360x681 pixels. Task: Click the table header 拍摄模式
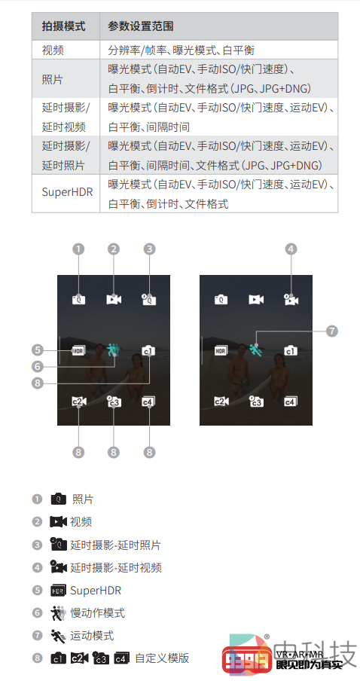pos(63,26)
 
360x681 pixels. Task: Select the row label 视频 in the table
pos(53,50)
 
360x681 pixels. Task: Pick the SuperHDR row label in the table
pos(67,192)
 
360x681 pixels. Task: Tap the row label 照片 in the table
pos(53,80)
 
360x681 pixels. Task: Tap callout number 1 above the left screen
pos(78,249)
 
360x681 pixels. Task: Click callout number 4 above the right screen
pos(291,249)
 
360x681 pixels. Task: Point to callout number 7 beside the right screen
pos(332,331)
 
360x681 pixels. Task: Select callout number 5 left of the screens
pos(38,350)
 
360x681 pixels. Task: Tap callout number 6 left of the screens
pos(38,367)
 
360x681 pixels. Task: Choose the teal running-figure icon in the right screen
pos(256,350)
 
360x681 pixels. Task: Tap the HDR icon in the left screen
pos(78,350)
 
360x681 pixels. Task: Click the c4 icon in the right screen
pos(291,402)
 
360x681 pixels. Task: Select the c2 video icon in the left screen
pos(78,402)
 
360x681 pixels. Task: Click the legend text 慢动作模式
pos(98,612)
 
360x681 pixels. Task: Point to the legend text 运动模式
pos(92,635)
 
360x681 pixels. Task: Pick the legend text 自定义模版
pos(162,658)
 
